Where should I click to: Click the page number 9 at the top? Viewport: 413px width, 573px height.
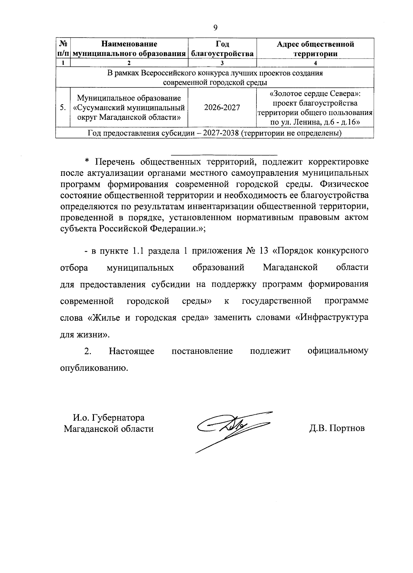point(215,28)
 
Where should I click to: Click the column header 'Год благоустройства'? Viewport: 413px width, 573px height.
point(222,49)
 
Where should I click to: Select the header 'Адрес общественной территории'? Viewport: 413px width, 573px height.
point(316,49)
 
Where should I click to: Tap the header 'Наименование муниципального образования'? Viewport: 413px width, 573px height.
point(129,49)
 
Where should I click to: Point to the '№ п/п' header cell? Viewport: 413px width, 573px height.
point(63,49)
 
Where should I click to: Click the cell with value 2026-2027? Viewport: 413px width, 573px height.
point(222,108)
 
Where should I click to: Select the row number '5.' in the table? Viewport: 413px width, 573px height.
point(63,108)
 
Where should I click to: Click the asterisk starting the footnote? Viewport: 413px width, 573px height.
point(87,161)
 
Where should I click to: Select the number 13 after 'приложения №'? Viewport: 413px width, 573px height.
point(264,251)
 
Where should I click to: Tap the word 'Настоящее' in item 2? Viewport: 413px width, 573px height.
point(131,351)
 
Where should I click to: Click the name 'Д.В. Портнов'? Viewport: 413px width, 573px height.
point(337,429)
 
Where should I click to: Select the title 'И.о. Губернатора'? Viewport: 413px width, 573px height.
point(108,418)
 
